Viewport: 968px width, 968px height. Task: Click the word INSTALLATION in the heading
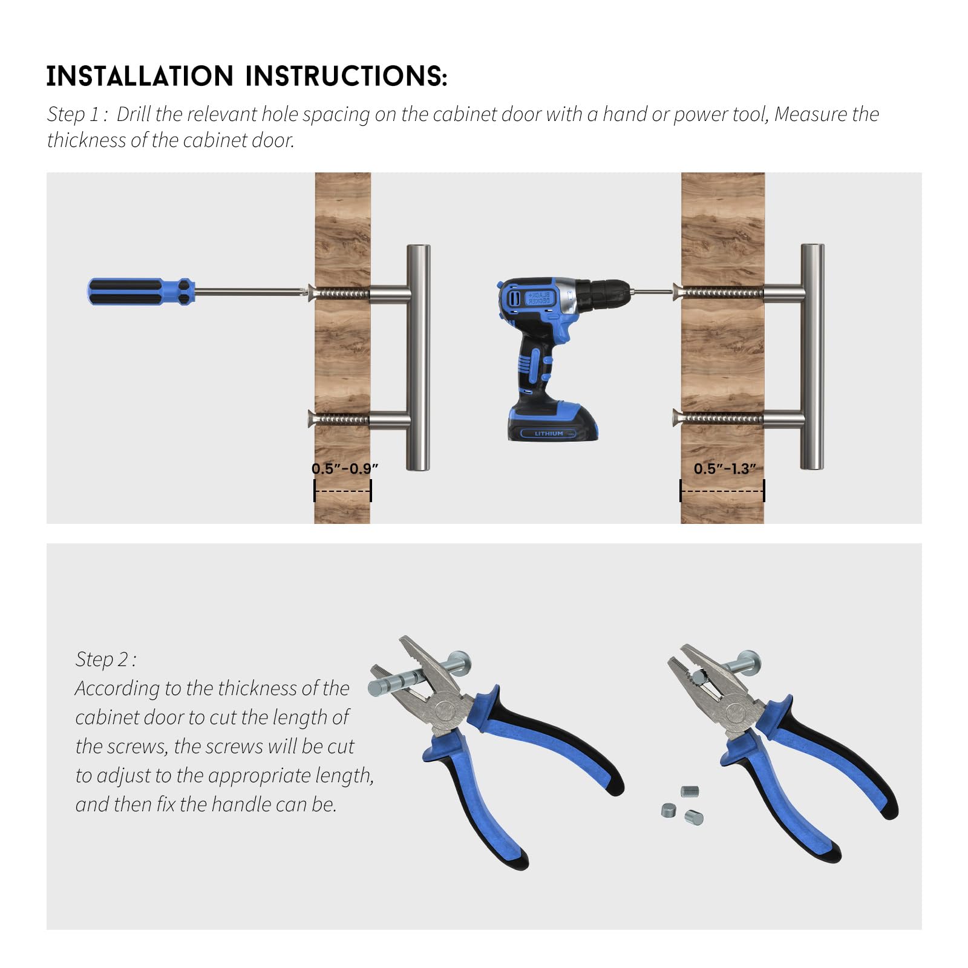pos(140,76)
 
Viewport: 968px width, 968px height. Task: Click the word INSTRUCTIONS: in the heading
pos(346,76)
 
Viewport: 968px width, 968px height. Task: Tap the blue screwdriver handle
pos(141,292)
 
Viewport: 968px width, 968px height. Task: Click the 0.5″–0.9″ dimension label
pos(345,468)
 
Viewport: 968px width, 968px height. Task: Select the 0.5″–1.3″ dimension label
pos(725,468)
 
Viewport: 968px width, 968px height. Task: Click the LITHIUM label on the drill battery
pos(549,433)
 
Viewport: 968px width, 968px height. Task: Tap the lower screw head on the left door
pos(312,418)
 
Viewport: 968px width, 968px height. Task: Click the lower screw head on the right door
pos(678,418)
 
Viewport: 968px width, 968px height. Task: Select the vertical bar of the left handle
pos(418,357)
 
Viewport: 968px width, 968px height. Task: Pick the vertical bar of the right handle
pos(813,356)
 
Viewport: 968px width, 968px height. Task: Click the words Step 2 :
pos(106,659)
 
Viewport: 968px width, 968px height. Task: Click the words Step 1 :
pos(77,114)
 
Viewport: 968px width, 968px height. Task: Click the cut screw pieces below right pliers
pos(682,806)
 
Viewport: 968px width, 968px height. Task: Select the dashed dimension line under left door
pos(342,491)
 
